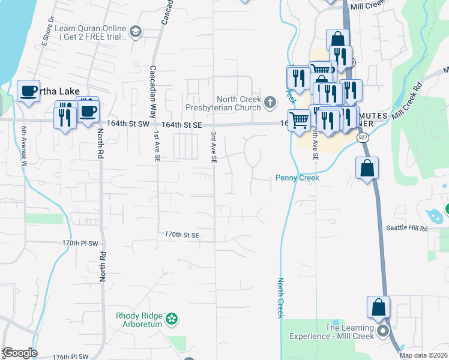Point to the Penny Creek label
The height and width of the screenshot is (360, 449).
pyautogui.click(x=297, y=178)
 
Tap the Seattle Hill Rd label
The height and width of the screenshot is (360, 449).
pyautogui.click(x=406, y=229)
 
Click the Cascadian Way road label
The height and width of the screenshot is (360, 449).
pyautogui.click(x=153, y=95)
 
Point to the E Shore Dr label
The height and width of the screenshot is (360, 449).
pyautogui.click(x=47, y=34)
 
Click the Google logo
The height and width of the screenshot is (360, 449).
pyautogui.click(x=19, y=353)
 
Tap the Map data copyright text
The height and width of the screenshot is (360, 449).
pyautogui.click(x=423, y=355)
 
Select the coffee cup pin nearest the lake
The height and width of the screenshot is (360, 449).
pyautogui.click(x=28, y=91)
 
